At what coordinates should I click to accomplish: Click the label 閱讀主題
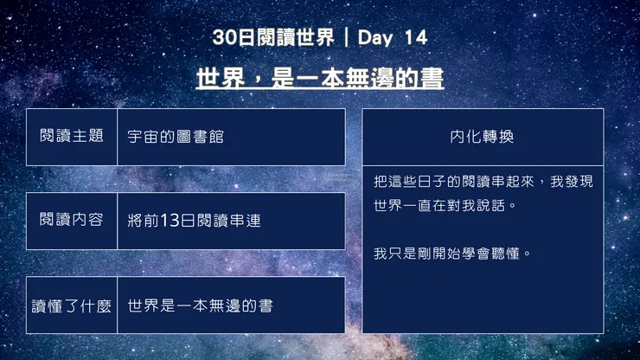pos(72,136)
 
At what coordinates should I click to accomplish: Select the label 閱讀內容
pos(72,220)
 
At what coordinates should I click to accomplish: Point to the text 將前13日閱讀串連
pos(194,221)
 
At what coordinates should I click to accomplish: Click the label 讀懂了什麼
pos(72,305)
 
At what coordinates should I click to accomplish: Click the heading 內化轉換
pos(483,137)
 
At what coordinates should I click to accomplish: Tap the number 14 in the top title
pos(415,37)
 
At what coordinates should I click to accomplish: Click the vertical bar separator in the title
pos(346,37)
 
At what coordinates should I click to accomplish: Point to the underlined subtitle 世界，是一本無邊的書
pos(320,79)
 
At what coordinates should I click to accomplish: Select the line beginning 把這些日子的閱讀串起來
pos(483,183)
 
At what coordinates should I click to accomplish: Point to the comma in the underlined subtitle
pos(256,82)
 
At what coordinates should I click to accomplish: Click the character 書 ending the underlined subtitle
pos(432,79)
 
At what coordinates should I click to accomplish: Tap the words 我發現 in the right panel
pos(572,183)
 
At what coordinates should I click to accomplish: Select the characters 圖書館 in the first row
pos(208,137)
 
